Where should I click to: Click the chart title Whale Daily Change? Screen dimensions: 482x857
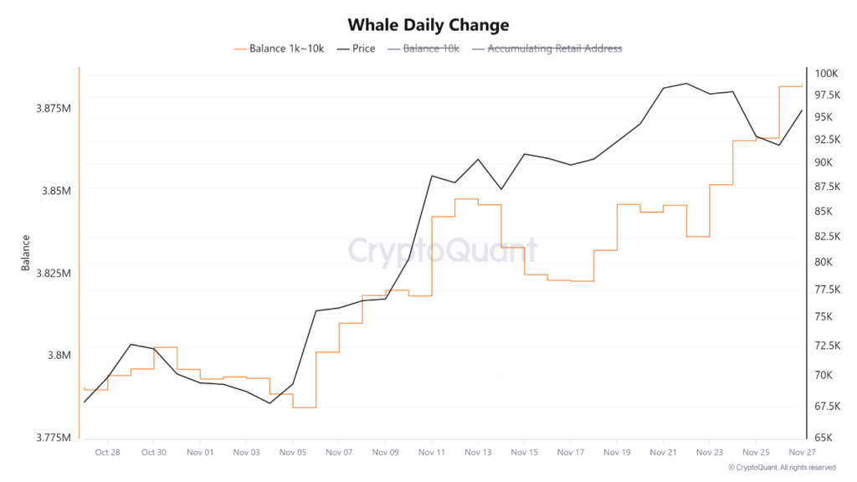(x=428, y=25)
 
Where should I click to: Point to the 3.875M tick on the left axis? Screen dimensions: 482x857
(x=53, y=109)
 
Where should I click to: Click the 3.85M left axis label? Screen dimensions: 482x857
(x=55, y=191)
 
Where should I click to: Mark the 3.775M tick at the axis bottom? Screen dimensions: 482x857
(x=53, y=438)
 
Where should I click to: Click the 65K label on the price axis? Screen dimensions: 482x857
(x=824, y=438)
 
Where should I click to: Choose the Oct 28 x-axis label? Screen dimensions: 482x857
(x=107, y=453)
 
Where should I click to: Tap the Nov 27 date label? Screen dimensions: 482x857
(x=802, y=453)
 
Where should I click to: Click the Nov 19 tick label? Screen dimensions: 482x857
(x=616, y=453)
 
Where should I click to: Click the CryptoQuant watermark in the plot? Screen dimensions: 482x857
(x=442, y=250)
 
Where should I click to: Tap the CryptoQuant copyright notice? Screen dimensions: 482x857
(x=781, y=468)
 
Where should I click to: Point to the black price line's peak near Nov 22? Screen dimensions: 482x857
(x=686, y=84)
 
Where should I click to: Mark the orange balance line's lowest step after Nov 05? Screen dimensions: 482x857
(x=304, y=408)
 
